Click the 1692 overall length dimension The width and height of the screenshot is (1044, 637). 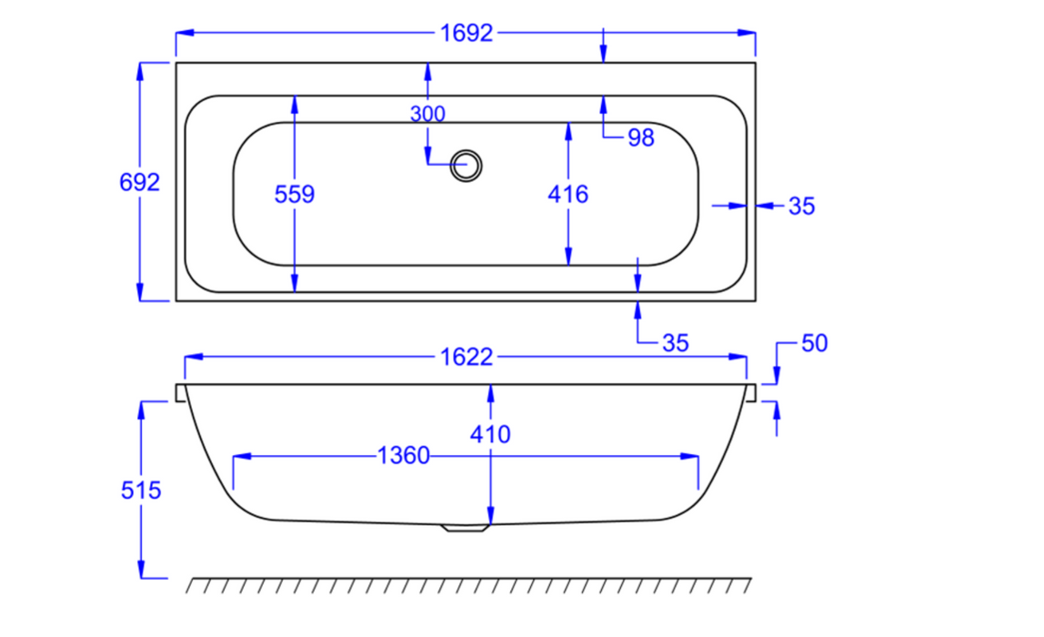pos(466,34)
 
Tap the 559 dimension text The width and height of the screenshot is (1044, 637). pos(295,194)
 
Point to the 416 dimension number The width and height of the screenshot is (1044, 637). pos(568,194)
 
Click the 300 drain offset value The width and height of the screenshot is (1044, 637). pos(427,115)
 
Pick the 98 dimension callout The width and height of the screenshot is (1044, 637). pos(641,138)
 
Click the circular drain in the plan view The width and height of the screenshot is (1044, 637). pos(467,165)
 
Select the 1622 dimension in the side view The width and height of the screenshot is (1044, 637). pos(466,358)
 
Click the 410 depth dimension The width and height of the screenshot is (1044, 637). pos(491,435)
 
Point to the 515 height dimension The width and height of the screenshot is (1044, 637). pos(141,490)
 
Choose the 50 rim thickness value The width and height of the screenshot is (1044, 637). pos(815,344)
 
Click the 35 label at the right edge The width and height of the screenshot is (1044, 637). pos(801,207)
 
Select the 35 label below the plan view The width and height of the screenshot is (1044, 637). pos(675,343)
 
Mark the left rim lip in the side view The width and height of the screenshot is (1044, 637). pos(180,392)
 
